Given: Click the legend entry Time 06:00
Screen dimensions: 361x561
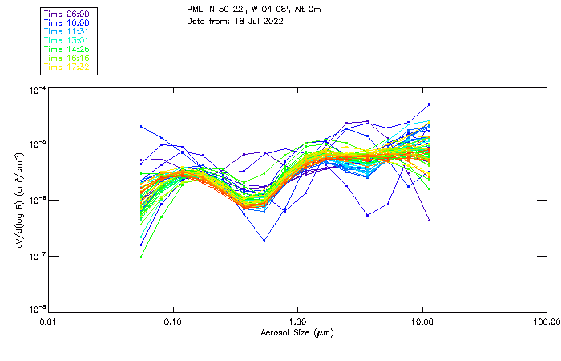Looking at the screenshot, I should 67,14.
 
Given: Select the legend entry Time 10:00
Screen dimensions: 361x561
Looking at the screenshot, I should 67,23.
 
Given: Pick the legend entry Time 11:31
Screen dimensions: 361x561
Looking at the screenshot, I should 67,32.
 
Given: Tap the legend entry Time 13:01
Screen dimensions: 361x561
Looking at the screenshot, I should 67,41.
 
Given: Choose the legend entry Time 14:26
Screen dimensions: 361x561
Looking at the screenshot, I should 67,50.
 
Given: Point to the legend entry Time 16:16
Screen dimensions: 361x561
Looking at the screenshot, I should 67,59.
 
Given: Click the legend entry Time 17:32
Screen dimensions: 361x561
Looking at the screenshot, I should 67,67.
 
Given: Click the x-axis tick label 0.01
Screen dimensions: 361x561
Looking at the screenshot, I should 49,322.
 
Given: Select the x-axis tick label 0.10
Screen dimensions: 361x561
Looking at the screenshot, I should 173,322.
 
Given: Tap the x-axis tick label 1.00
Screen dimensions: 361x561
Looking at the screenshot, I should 298,322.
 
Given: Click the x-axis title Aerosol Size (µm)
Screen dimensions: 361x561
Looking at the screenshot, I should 297,332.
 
